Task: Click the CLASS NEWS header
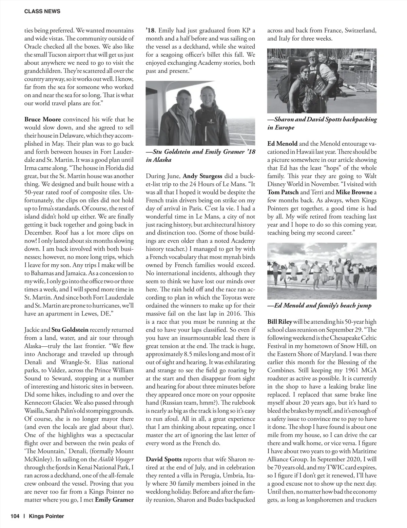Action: click(x=42, y=11)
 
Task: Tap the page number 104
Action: click(x=15, y=516)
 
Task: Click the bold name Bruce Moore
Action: click(x=43, y=119)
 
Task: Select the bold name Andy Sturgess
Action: click(x=202, y=176)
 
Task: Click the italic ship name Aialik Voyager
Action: click(x=116, y=459)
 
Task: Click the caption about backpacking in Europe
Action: click(x=322, y=123)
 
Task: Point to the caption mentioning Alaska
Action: click(x=200, y=156)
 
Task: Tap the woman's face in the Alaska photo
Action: click(x=207, y=96)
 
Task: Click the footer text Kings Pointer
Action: click(x=46, y=516)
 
